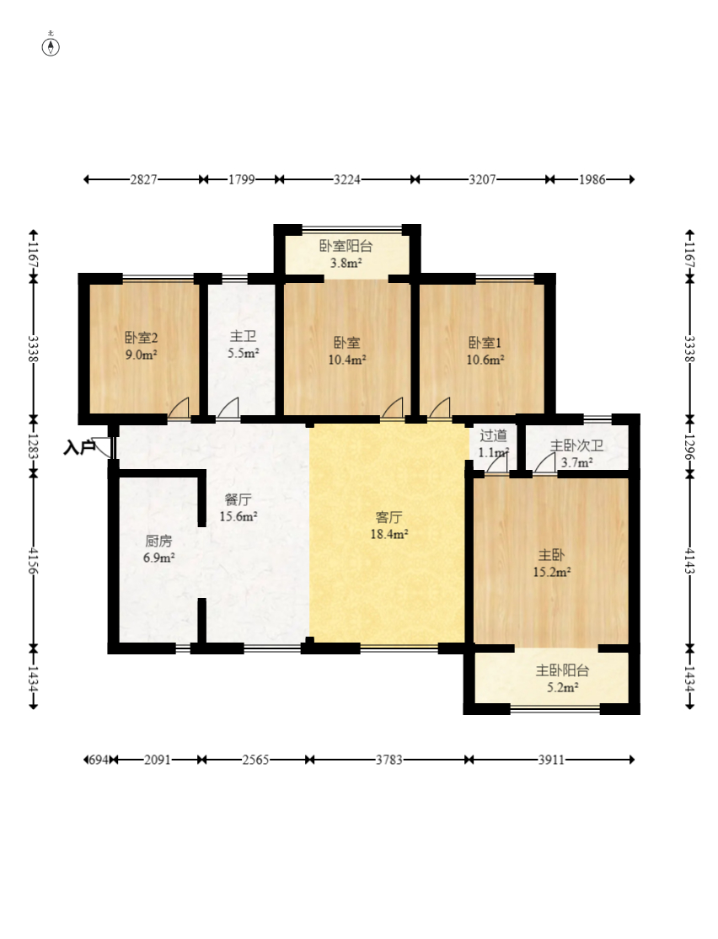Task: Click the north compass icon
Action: [51, 46]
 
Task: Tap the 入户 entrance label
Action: [79, 447]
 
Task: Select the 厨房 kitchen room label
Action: [158, 541]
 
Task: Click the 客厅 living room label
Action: [388, 517]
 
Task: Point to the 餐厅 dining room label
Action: [238, 499]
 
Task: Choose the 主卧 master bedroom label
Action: [551, 554]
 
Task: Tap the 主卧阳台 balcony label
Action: [562, 670]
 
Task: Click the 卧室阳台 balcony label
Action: [346, 246]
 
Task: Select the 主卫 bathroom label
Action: [243, 336]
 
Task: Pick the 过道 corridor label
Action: [493, 435]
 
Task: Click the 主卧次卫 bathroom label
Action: [576, 445]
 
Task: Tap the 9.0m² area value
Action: [141, 355]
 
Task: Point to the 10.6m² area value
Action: [485, 360]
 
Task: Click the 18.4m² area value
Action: [389, 534]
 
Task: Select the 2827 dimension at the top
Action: [144, 179]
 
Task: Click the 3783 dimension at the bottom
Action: [389, 760]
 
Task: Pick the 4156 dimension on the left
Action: [34, 561]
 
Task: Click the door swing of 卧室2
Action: [179, 408]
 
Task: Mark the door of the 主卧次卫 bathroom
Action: [544, 463]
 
